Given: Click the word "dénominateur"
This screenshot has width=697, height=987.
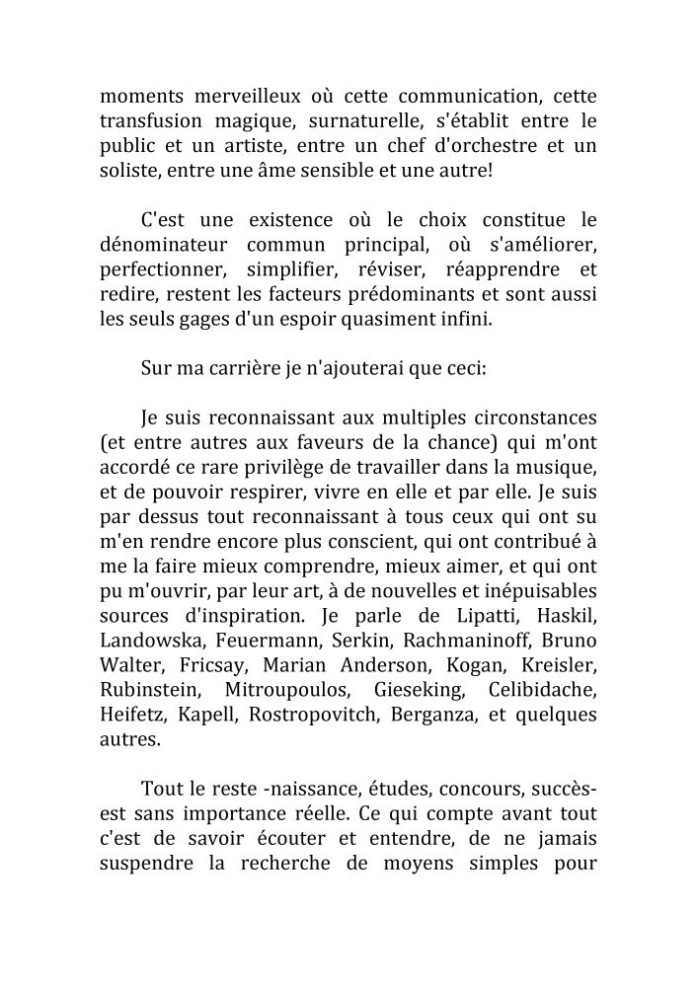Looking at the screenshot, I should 164,244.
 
